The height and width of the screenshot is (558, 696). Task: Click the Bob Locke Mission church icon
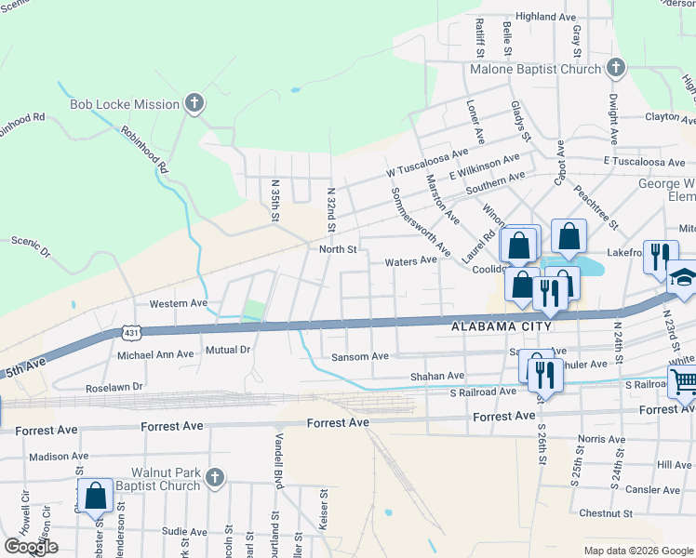[194, 103]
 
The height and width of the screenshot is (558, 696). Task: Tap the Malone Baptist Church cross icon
[615, 68]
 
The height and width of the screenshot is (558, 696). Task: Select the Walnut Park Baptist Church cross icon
[215, 478]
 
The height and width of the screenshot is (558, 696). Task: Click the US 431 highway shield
[130, 331]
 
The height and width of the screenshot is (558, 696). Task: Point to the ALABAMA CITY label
[502, 327]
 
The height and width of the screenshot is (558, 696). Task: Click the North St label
[338, 249]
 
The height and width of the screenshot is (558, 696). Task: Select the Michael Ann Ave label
[154, 354]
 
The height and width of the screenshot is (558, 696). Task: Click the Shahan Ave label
[437, 376]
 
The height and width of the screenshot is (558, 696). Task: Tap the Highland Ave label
[546, 17]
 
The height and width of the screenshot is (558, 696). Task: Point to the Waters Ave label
[411, 261]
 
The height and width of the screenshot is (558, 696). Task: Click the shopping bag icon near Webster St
[96, 496]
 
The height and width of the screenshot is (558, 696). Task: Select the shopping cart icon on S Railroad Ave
[683, 382]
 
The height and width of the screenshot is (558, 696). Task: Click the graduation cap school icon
[682, 279]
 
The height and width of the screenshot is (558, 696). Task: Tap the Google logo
[31, 547]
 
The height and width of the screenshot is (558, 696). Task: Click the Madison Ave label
[57, 457]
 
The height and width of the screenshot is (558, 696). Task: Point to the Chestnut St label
[605, 512]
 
